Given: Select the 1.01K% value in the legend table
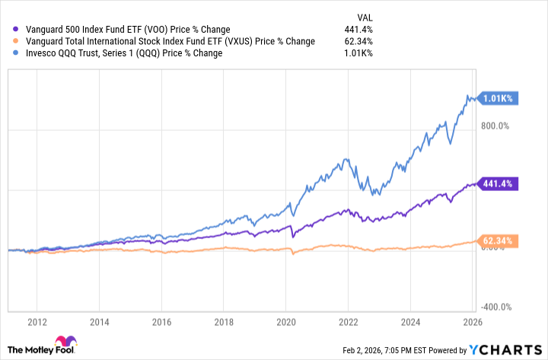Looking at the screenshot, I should click(357, 53).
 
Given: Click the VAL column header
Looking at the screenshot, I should click(365, 15).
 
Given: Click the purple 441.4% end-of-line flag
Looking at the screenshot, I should click(499, 183).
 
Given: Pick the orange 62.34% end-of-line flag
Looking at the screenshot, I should click(499, 241).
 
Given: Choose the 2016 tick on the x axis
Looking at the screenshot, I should click(163, 321).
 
